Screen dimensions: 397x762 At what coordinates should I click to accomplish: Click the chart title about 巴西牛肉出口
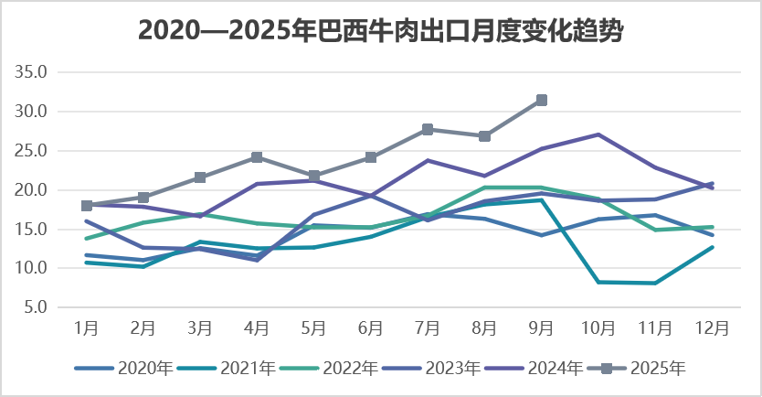tap(381, 30)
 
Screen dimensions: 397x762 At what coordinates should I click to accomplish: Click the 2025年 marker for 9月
tap(541, 100)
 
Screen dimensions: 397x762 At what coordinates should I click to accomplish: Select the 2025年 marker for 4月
tap(257, 157)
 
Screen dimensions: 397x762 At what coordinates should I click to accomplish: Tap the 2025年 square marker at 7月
tap(428, 129)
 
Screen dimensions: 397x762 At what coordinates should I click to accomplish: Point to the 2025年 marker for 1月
tap(87, 206)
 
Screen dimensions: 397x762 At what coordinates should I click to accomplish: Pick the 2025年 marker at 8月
tap(484, 135)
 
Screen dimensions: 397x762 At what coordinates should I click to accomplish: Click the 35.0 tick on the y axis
tap(35, 72)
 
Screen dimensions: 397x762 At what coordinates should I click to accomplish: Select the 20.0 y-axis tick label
tap(35, 190)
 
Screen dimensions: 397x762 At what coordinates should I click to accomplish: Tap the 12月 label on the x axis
tap(712, 327)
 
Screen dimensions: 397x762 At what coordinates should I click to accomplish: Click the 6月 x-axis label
tap(371, 327)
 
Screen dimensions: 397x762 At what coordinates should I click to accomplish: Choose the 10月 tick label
tap(598, 327)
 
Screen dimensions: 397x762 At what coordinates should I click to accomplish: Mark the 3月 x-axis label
tap(200, 327)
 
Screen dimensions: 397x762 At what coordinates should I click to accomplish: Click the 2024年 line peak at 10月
tap(598, 134)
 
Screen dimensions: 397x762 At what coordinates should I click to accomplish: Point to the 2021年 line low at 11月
tap(655, 283)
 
